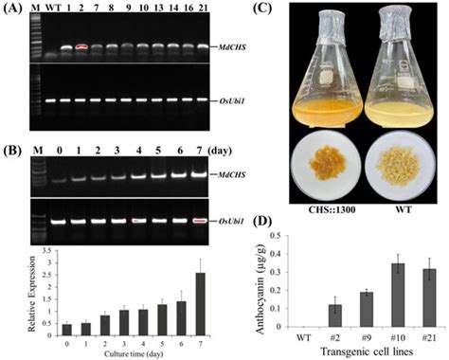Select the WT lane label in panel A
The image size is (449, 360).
51,14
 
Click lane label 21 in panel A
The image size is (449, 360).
194,14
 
